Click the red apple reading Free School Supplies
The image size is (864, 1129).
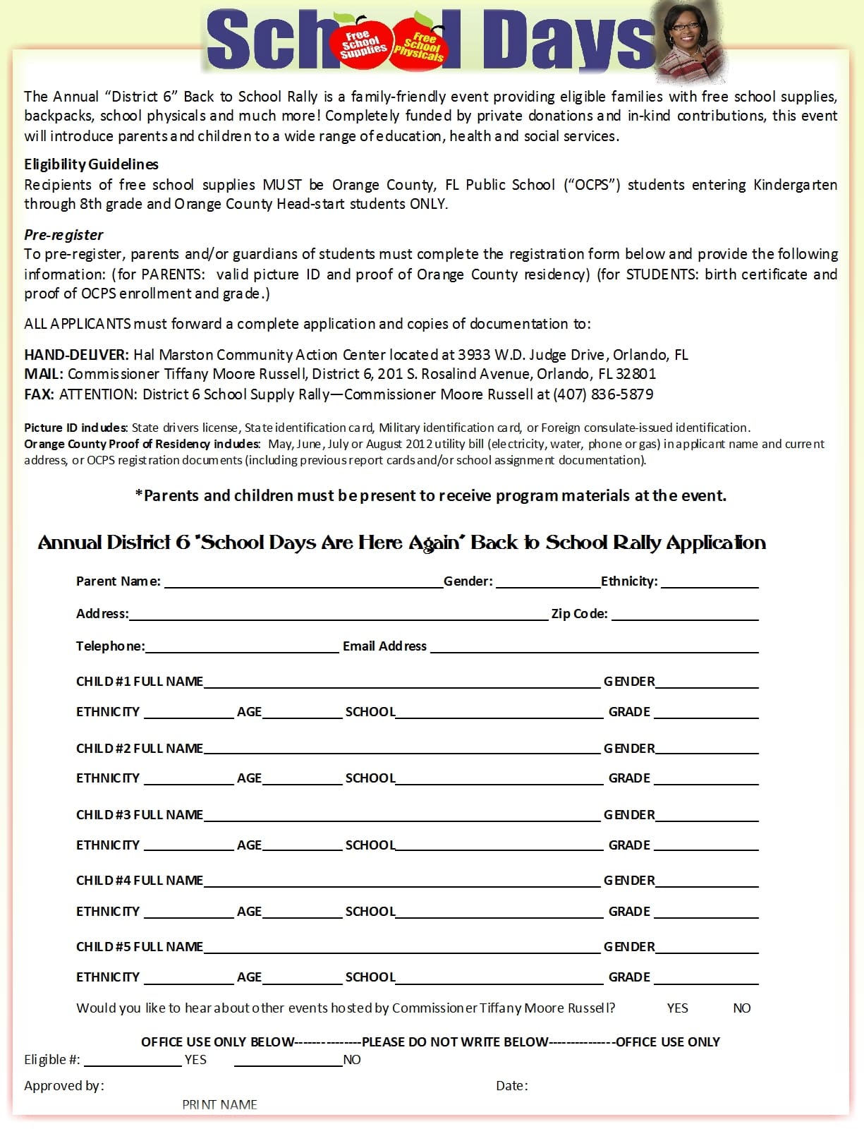pyautogui.click(x=363, y=44)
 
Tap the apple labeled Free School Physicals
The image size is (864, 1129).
pyautogui.click(x=420, y=44)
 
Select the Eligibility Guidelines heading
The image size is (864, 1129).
pyautogui.click(x=91, y=164)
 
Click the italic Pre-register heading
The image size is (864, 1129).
pyautogui.click(x=63, y=235)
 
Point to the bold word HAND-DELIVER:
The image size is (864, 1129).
pyautogui.click(x=76, y=355)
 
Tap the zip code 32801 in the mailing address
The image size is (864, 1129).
pyautogui.click(x=635, y=374)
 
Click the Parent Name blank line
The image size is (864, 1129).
pyautogui.click(x=303, y=582)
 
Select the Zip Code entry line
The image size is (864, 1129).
pyautogui.click(x=684, y=615)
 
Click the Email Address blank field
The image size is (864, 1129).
pyautogui.click(x=594, y=647)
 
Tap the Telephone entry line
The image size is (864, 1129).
pyautogui.click(x=242, y=647)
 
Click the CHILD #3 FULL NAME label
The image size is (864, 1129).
pyautogui.click(x=140, y=815)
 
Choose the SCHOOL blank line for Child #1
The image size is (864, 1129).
pyautogui.click(x=499, y=713)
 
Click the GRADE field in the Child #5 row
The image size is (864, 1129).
pyautogui.click(x=705, y=978)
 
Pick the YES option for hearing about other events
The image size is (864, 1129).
pyautogui.click(x=677, y=1008)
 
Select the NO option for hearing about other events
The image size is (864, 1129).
pyautogui.click(x=741, y=1008)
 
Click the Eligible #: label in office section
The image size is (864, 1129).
pyautogui.click(x=52, y=1060)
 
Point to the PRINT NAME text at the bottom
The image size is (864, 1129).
pyautogui.click(x=219, y=1105)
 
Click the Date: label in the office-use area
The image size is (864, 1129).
pyautogui.click(x=511, y=1086)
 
